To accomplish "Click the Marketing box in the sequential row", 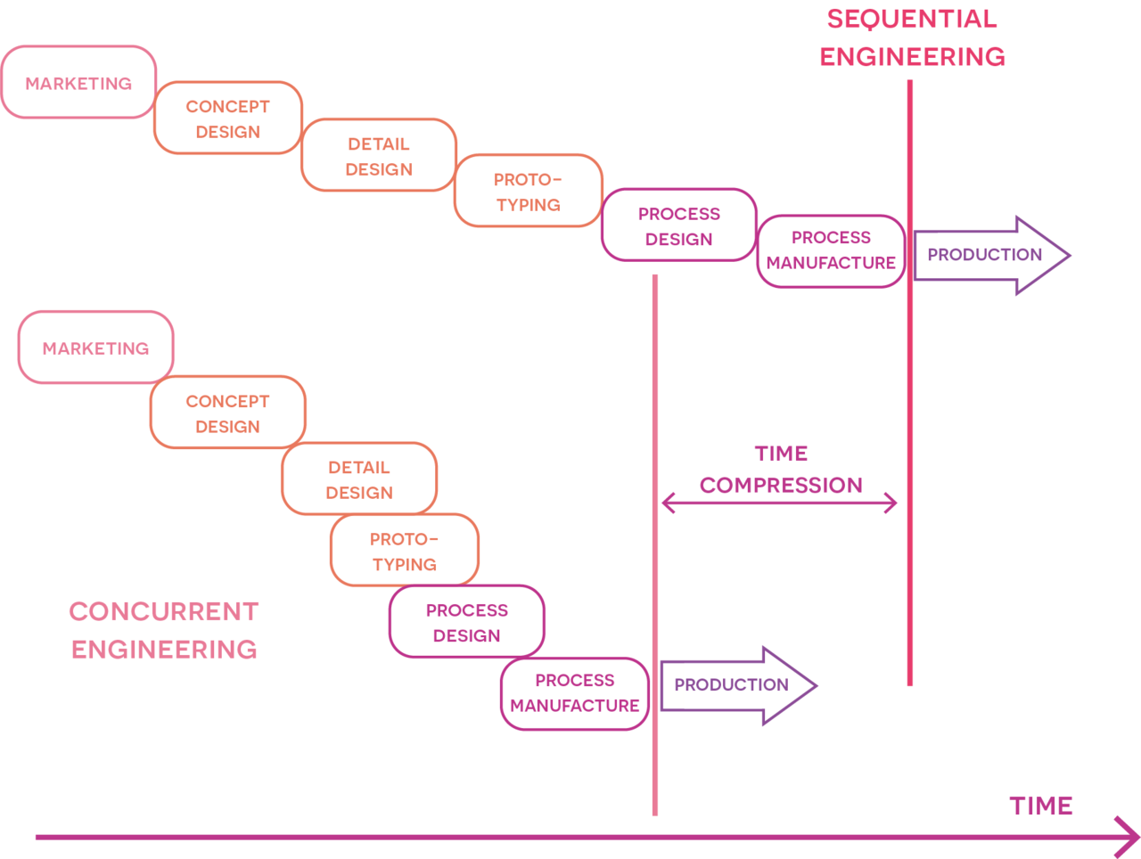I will click(78, 82).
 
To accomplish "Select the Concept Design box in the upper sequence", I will click(228, 119).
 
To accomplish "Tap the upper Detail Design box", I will click(379, 155).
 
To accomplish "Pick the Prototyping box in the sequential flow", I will click(529, 191).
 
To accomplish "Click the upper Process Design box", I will click(678, 225).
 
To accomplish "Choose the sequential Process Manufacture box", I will click(831, 250).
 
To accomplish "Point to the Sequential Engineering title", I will click(912, 37).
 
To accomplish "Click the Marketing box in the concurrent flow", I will click(95, 348).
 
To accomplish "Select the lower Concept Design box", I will click(228, 413).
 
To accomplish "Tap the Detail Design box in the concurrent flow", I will click(359, 479).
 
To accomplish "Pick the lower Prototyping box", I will click(405, 551).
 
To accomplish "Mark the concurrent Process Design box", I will click(466, 622).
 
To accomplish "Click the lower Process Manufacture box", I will click(575, 693).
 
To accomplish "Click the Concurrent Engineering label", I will click(164, 630).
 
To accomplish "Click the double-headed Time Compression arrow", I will click(779, 503).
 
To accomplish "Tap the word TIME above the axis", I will click(1041, 806).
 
